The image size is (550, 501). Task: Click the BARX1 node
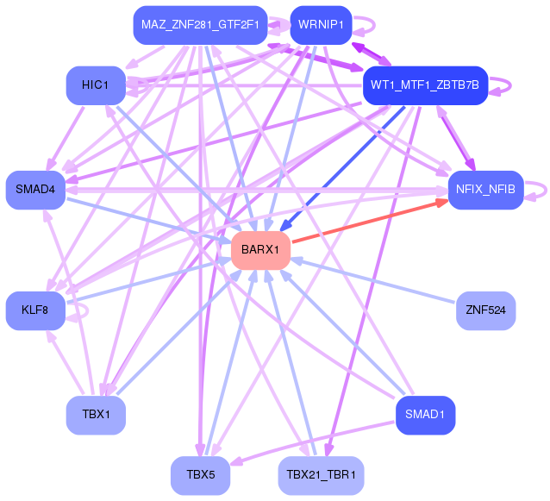(x=260, y=250)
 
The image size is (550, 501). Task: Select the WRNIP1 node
(x=320, y=24)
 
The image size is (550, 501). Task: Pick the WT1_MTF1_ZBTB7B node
(x=425, y=85)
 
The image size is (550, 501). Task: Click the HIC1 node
(x=96, y=85)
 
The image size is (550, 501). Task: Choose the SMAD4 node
(x=35, y=189)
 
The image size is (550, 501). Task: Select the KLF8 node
(x=35, y=310)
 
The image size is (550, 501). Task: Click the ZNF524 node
(x=485, y=310)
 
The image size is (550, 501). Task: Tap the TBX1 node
(x=96, y=415)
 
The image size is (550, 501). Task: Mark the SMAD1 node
(x=425, y=415)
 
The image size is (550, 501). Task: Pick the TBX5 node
(x=199, y=475)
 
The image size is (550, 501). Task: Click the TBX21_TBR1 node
(x=321, y=475)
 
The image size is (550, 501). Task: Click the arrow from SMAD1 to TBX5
(x=310, y=443)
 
